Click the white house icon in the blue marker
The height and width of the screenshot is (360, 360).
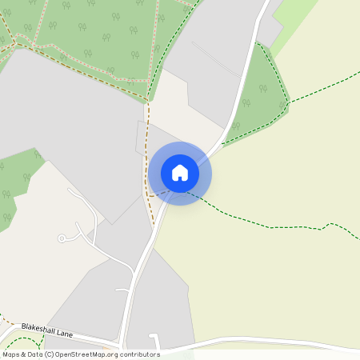click(x=180, y=173)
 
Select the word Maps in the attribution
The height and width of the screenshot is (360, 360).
click(x=11, y=354)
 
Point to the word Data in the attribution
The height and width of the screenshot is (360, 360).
click(x=35, y=354)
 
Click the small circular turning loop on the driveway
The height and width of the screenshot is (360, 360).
click(x=62, y=238)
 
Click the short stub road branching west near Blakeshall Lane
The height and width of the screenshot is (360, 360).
click(x=122, y=290)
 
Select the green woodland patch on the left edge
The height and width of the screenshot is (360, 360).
click(x=16, y=184)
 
